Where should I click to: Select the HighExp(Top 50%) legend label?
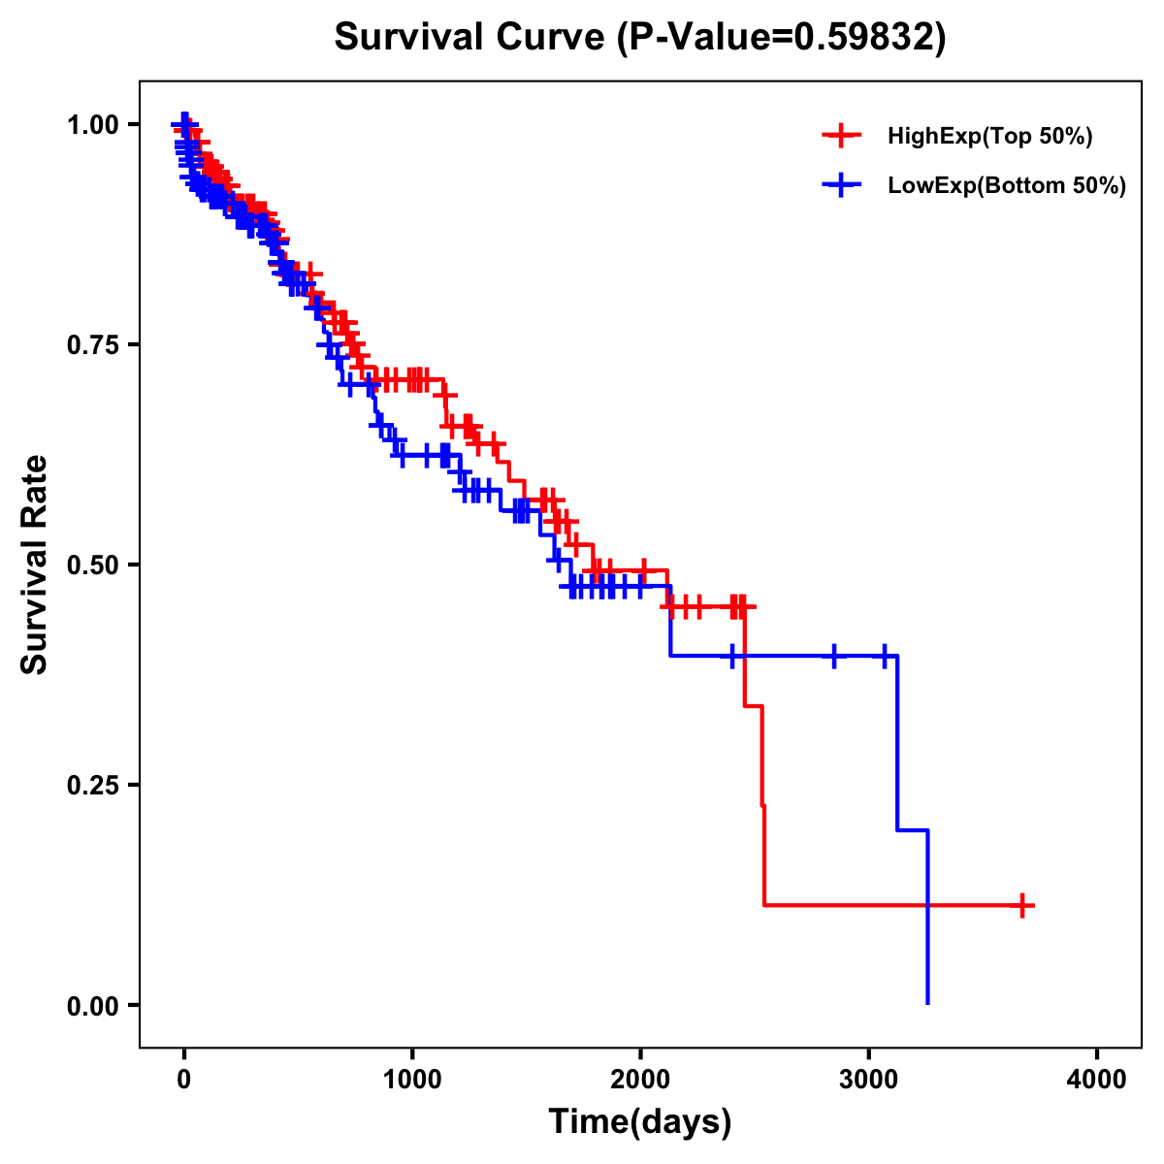click(990, 137)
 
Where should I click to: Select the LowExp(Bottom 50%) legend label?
click(1007, 185)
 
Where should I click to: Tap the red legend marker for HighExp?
click(841, 137)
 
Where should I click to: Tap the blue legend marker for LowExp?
click(841, 185)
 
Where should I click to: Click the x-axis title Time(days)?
click(640, 1121)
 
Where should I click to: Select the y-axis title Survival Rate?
click(35, 565)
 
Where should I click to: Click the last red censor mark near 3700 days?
click(1021, 905)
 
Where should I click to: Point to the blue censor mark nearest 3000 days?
click(884, 656)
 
